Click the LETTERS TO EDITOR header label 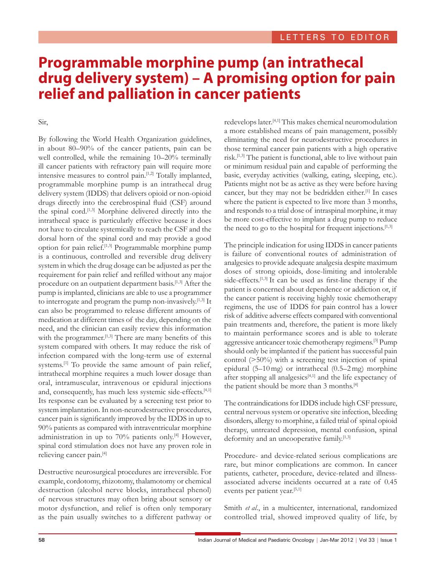click(335, 37)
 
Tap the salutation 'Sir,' click(43, 122)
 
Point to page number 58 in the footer click(42, 540)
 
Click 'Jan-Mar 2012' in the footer click(337, 540)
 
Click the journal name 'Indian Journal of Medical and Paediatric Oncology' click(256, 540)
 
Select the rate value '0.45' click(390, 482)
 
